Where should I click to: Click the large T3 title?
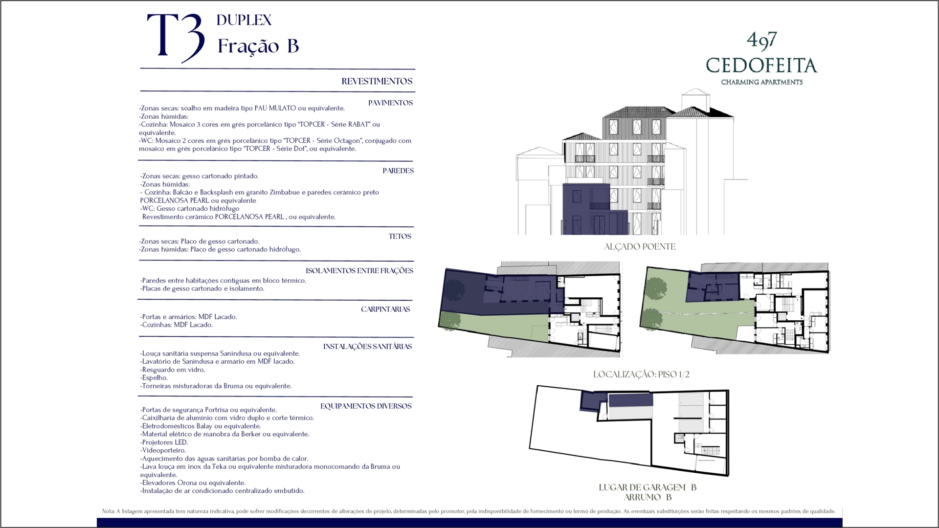coord(176,38)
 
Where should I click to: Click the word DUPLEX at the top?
coord(244,20)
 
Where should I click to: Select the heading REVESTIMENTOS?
coord(377,81)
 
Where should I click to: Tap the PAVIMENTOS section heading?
coord(390,103)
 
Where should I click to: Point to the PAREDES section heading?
coord(398,171)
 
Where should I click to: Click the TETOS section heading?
coord(400,236)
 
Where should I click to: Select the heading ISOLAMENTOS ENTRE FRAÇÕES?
coord(359,271)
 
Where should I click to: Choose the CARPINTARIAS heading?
coord(385,309)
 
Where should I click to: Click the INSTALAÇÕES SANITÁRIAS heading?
coord(367,347)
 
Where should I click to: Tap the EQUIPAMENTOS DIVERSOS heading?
coord(366,406)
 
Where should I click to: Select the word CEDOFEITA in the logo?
coord(761,66)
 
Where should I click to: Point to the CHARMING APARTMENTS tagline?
coord(761,82)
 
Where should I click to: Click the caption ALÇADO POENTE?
coord(640,247)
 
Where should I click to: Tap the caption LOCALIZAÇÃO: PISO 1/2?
coord(641,374)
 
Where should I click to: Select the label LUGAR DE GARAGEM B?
coord(648,487)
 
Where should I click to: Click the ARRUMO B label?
coord(648,498)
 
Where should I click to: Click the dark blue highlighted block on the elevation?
coord(585,208)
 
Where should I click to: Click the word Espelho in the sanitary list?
coord(154,378)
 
